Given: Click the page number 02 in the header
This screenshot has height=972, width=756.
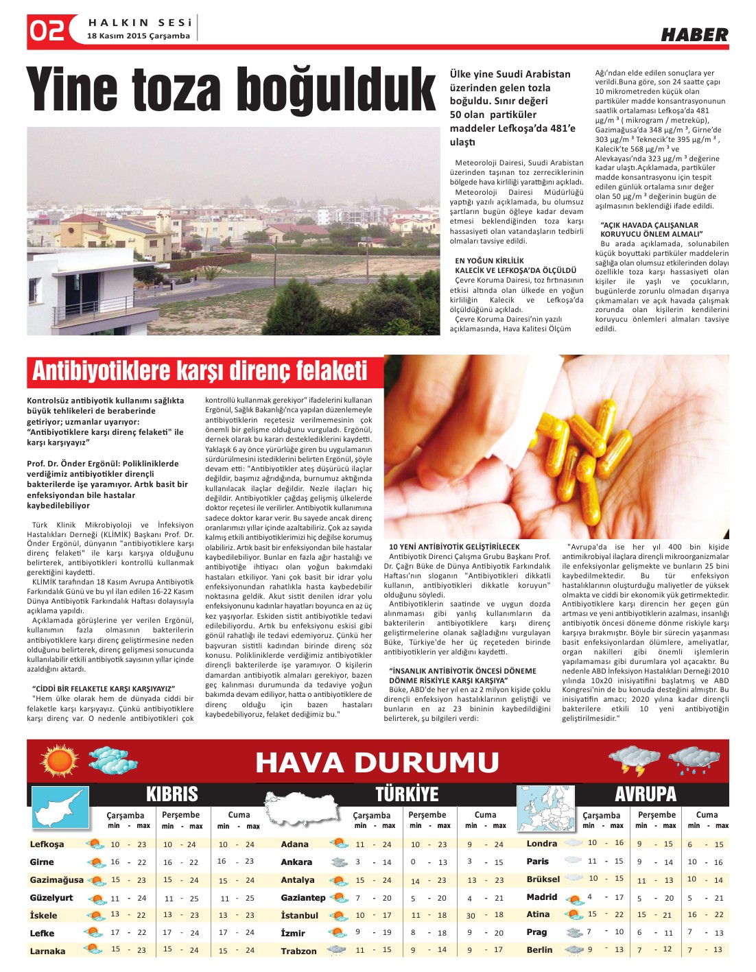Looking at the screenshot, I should click(47, 31).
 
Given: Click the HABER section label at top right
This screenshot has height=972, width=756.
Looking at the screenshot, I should click(694, 35).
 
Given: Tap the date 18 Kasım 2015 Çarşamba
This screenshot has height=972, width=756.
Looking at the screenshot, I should click(138, 36).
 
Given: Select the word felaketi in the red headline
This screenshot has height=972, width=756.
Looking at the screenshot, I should click(331, 371).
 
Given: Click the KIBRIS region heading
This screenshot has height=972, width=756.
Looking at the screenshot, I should click(172, 794).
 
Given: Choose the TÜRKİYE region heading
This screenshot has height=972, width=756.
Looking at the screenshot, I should click(407, 794).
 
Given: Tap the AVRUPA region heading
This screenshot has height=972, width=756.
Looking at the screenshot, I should click(645, 794).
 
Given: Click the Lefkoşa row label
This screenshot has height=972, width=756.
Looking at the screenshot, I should click(47, 844).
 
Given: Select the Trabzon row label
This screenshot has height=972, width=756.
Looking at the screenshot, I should click(298, 951).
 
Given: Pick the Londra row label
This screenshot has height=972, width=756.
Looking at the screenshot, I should click(542, 843).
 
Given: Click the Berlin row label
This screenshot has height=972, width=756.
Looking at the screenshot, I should click(539, 949).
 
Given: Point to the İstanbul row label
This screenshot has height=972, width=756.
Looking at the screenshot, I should click(300, 915).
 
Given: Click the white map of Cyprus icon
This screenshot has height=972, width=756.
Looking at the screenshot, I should click(60, 808).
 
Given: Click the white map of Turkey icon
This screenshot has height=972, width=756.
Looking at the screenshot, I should click(303, 807).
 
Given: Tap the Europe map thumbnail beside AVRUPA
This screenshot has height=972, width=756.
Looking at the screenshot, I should click(547, 809).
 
